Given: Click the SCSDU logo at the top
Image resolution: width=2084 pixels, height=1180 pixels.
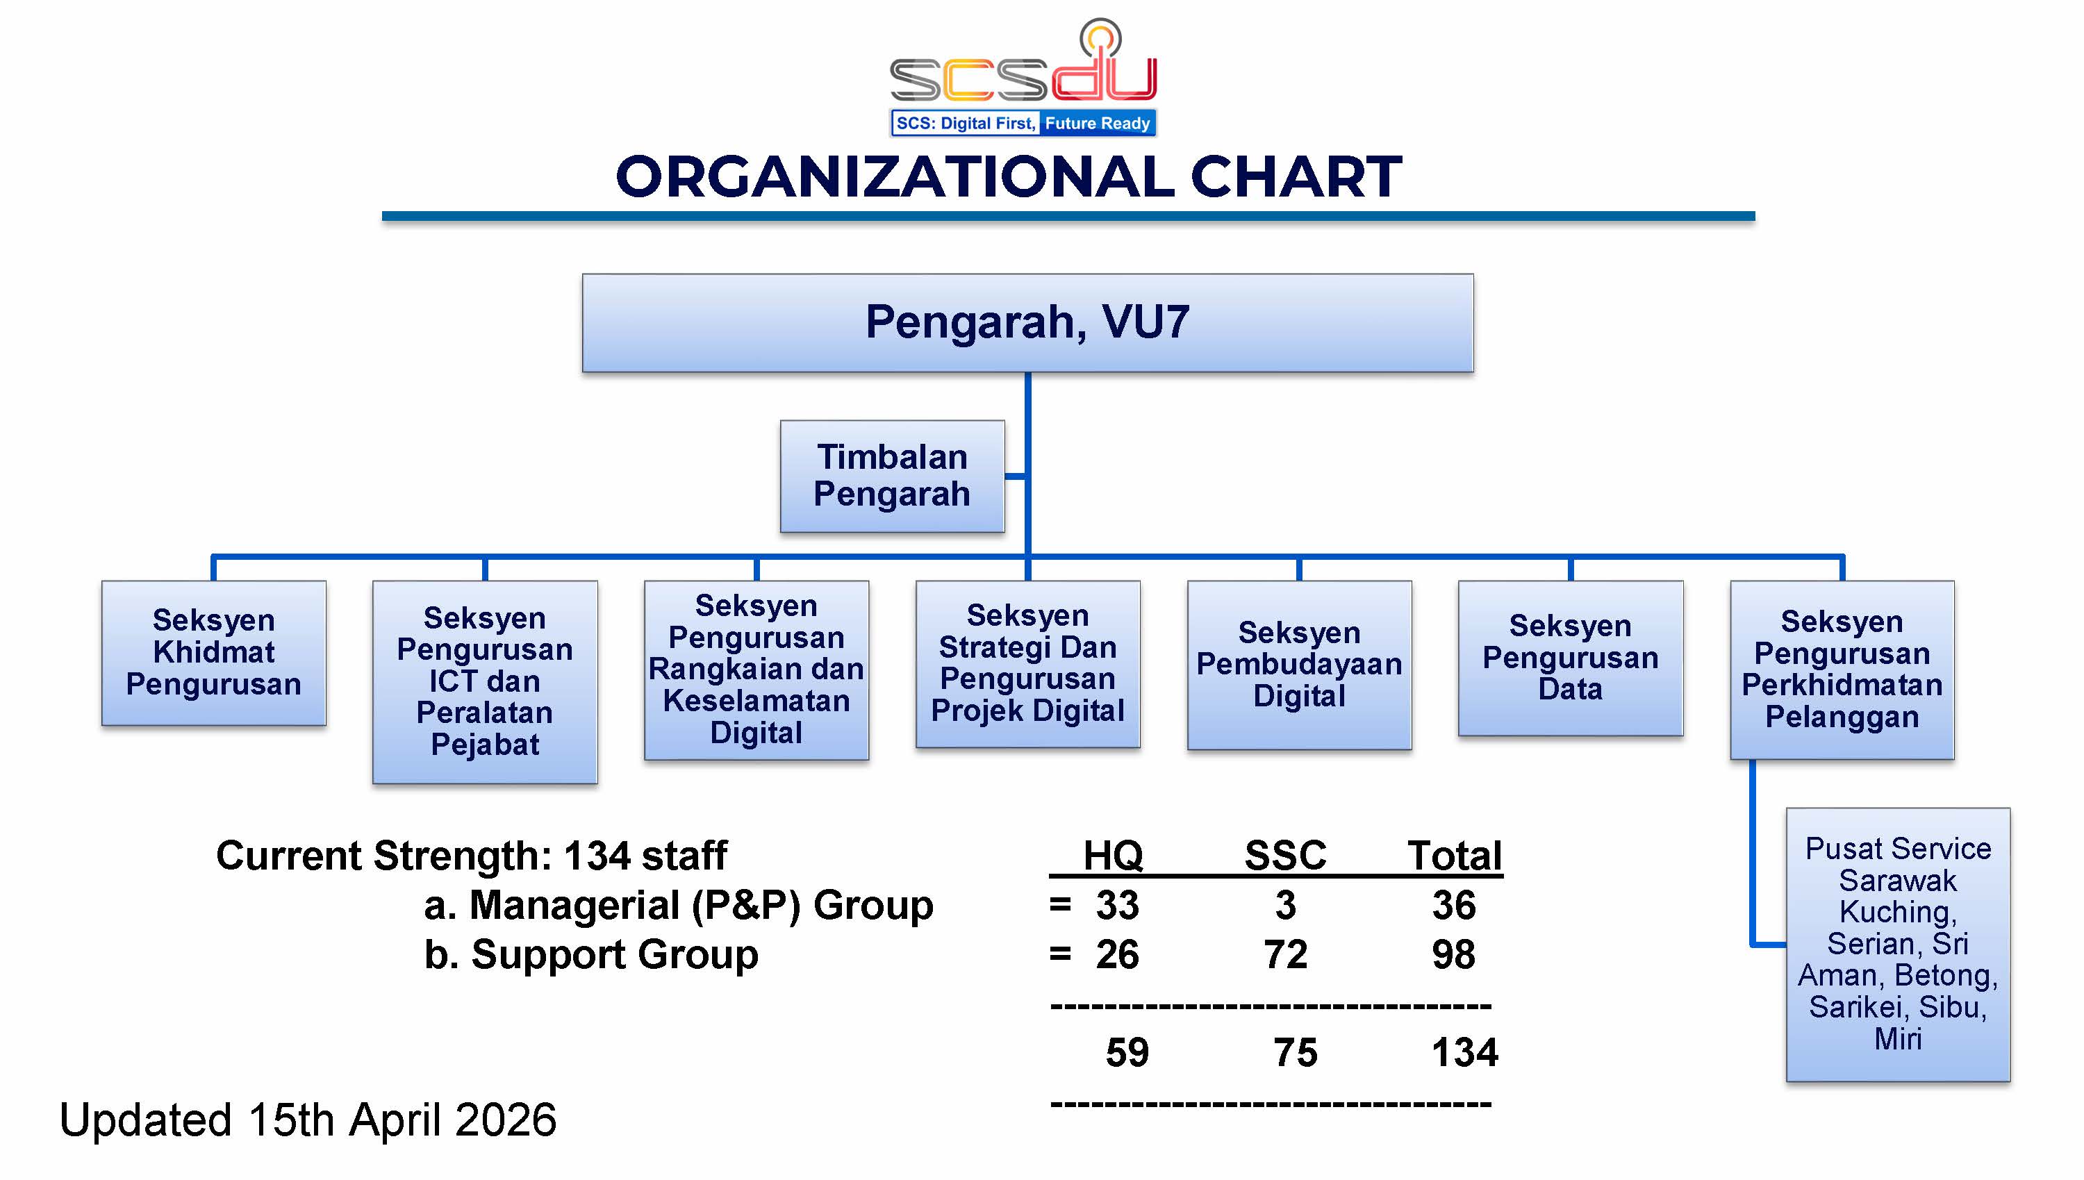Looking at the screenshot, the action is coord(1023,77).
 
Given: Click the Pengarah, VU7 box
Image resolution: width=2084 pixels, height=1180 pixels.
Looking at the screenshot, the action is coord(1027,322).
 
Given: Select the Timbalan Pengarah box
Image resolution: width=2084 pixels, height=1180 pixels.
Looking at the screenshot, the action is coord(892,476).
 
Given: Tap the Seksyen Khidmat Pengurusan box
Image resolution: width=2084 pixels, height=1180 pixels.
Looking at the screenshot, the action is coord(214,652).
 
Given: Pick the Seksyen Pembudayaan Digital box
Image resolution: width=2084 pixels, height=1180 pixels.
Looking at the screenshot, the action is coord(1299,665).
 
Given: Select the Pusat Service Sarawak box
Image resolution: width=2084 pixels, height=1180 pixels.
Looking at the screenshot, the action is coord(1898,944).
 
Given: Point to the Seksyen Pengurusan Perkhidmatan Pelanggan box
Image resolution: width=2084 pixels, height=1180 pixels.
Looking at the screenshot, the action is coord(1842,670).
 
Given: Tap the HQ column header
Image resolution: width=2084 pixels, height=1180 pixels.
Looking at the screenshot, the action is coord(1113,855).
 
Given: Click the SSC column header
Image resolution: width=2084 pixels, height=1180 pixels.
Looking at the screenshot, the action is coord(1286,855).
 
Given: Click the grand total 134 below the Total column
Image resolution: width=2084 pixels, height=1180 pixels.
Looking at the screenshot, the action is coord(1465,1052).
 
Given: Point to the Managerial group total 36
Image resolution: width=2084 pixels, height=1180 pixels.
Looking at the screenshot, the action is coord(1453,904).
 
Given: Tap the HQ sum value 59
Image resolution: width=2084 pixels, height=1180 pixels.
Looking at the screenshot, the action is coord(1127,1052).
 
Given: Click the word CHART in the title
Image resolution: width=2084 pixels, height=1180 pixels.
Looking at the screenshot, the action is coord(1296,176).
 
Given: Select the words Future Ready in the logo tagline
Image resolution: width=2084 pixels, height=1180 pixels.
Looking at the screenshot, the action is coord(1098,123).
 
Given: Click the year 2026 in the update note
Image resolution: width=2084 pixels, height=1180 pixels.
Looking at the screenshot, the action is coord(506,1119).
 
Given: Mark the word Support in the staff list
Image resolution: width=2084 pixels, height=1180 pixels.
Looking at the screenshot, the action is coord(549,956).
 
